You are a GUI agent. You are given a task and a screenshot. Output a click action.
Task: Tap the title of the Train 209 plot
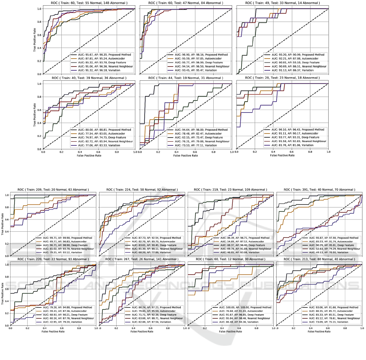click(55, 190)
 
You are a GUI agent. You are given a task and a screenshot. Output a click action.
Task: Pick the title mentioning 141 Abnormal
click(143, 259)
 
